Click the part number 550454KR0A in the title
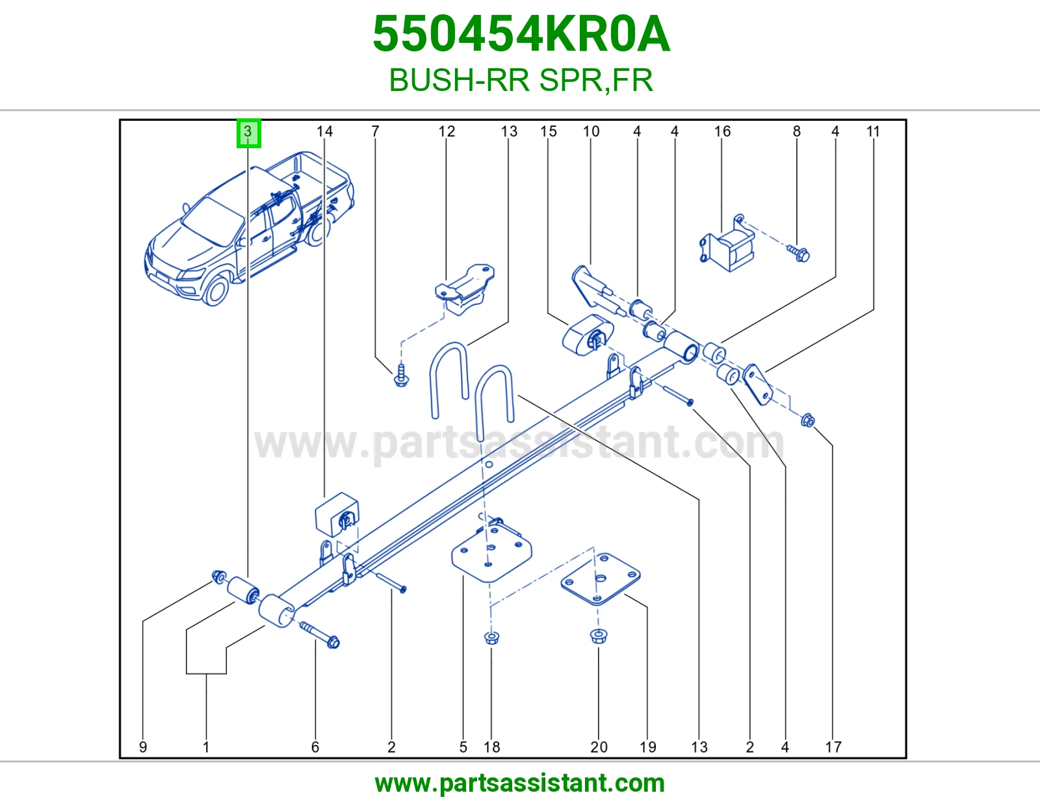[521, 34]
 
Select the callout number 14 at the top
[324, 131]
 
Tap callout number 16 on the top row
[722, 131]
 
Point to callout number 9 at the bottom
[142, 747]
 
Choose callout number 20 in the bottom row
[599, 747]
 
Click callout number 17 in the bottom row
[833, 747]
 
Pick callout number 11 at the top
[873, 131]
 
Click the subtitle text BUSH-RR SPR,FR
[521, 81]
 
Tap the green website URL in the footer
[520, 783]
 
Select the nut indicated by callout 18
[491, 638]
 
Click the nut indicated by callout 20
[598, 636]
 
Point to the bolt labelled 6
[319, 634]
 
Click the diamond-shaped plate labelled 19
[601, 579]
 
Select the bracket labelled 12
[465, 289]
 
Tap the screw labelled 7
[401, 375]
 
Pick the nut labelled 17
[808, 421]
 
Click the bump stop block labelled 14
[337, 515]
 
